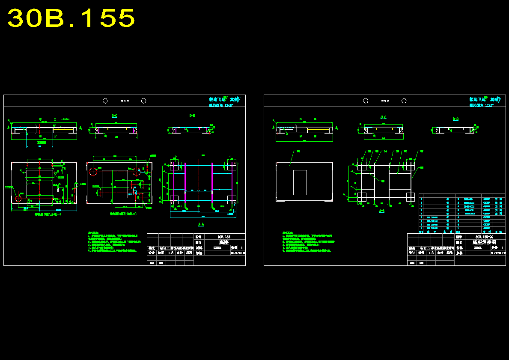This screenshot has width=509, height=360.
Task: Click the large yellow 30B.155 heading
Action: click(x=71, y=18)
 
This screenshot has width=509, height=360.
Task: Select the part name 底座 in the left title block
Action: click(x=224, y=242)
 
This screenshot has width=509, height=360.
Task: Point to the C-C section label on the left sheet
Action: click(x=114, y=116)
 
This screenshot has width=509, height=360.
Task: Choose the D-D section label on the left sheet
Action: click(x=192, y=116)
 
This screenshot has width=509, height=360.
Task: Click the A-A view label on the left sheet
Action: click(x=201, y=224)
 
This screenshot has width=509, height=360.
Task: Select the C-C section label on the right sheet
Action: click(x=383, y=117)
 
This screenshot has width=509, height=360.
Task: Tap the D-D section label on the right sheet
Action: click(x=455, y=119)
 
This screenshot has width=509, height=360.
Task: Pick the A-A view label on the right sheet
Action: click(x=381, y=211)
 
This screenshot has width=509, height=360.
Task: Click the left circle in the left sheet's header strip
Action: click(x=105, y=101)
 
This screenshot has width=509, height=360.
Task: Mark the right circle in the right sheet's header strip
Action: click(x=404, y=101)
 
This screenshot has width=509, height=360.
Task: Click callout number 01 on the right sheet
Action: click(x=298, y=151)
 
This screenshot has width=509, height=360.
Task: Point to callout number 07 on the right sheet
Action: click(x=421, y=151)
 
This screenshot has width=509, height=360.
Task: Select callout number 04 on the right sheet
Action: click(x=385, y=151)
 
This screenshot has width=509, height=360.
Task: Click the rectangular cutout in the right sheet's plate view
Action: click(x=300, y=182)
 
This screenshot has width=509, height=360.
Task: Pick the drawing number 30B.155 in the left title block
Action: click(x=224, y=236)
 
